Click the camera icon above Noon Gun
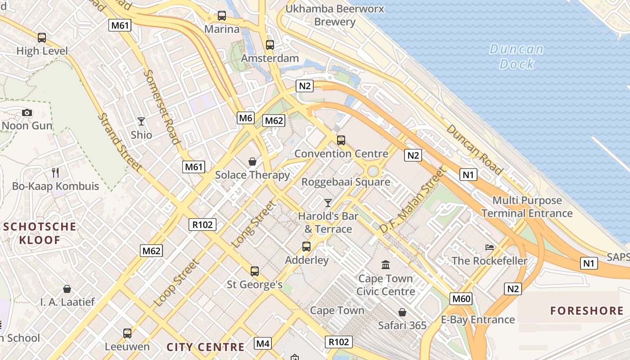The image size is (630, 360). [27, 112]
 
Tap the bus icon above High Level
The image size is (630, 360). [42, 38]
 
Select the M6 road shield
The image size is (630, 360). [246, 118]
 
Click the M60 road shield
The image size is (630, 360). [461, 298]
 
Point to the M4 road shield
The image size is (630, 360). [263, 344]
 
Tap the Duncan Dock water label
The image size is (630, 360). [517, 56]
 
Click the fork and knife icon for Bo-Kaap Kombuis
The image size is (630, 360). [55, 172]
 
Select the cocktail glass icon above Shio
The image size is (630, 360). [141, 121]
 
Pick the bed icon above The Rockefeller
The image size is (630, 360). [490, 247]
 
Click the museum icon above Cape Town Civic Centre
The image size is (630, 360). [386, 265]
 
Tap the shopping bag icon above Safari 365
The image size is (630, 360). [402, 312]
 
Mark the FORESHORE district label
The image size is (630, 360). [587, 310]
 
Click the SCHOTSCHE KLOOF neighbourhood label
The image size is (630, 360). [40, 233]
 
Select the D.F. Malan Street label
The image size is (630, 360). [412, 200]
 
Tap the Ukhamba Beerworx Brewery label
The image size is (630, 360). [335, 15]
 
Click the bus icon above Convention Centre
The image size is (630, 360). [341, 140]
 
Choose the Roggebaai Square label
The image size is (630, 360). [346, 182]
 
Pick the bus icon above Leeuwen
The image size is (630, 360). [127, 333]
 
